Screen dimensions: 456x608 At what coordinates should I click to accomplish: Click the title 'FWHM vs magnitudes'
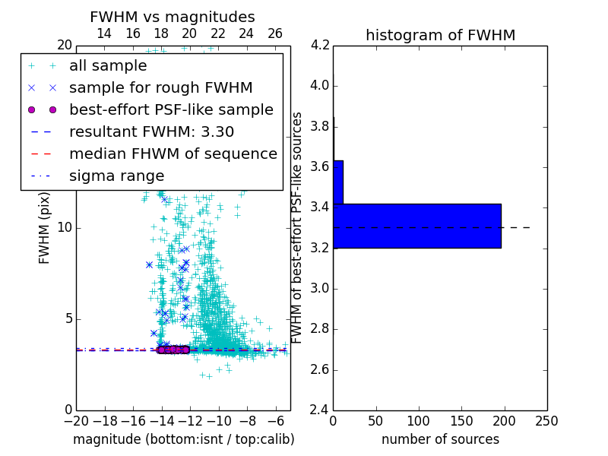pos(173,17)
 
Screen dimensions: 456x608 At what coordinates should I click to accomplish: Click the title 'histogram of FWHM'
pos(440,35)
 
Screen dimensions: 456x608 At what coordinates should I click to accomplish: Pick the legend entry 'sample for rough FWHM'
pos(160,87)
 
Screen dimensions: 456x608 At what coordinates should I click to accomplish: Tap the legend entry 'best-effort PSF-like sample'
pos(171,109)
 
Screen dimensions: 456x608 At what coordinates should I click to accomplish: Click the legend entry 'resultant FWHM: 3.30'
pos(151,131)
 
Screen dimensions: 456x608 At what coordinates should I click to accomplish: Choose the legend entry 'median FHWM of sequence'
pos(173,154)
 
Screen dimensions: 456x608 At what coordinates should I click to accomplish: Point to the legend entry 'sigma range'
pos(116,176)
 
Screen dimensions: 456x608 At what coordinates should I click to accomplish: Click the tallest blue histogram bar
pos(416,226)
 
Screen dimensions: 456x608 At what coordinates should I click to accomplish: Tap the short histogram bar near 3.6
pos(338,182)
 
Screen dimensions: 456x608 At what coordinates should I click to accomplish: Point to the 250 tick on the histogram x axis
pos(547,421)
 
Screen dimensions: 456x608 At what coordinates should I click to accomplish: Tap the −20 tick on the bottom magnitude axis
pos(76,421)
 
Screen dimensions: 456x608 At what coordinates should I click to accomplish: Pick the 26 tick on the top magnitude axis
pos(275,33)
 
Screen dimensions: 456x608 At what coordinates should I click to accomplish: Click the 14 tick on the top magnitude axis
pos(104,33)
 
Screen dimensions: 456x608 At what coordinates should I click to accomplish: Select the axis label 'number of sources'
pos(440,439)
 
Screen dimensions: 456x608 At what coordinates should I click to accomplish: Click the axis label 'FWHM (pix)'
pos(45,227)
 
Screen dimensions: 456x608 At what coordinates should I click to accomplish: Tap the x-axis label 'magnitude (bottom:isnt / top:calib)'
pos(183,439)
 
